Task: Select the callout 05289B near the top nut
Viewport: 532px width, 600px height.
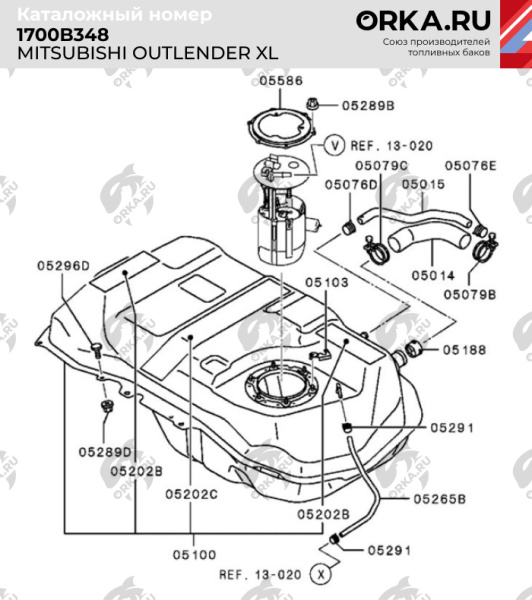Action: pyautogui.click(x=369, y=104)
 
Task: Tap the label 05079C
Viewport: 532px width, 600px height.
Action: pyautogui.click(x=382, y=165)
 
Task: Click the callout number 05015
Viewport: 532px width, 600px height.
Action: pyautogui.click(x=423, y=184)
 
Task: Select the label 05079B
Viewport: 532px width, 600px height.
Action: pyautogui.click(x=471, y=294)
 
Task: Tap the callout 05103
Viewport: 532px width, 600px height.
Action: pyautogui.click(x=327, y=283)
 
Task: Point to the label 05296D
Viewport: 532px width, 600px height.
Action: pyautogui.click(x=64, y=265)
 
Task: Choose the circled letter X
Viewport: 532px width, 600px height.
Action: pyautogui.click(x=320, y=575)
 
